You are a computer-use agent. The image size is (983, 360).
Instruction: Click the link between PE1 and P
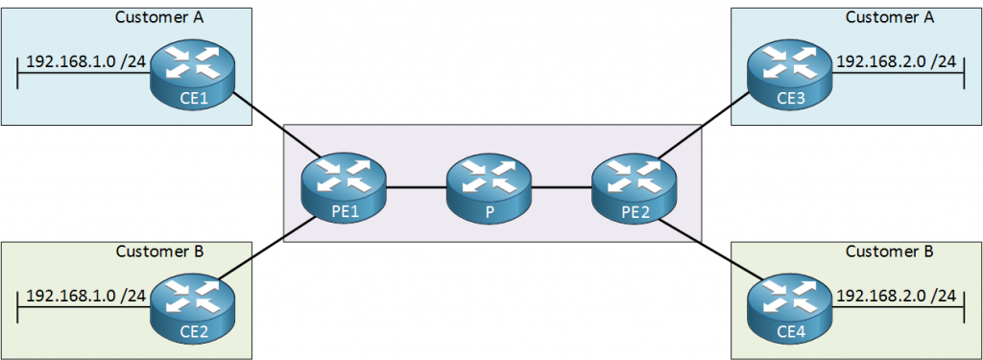416,188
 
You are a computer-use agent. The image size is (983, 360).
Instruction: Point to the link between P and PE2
562,188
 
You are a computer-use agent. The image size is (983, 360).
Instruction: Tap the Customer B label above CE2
159,252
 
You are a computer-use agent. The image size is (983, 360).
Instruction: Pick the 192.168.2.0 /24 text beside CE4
898,295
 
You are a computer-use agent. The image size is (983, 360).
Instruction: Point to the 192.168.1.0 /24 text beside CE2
85,295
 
